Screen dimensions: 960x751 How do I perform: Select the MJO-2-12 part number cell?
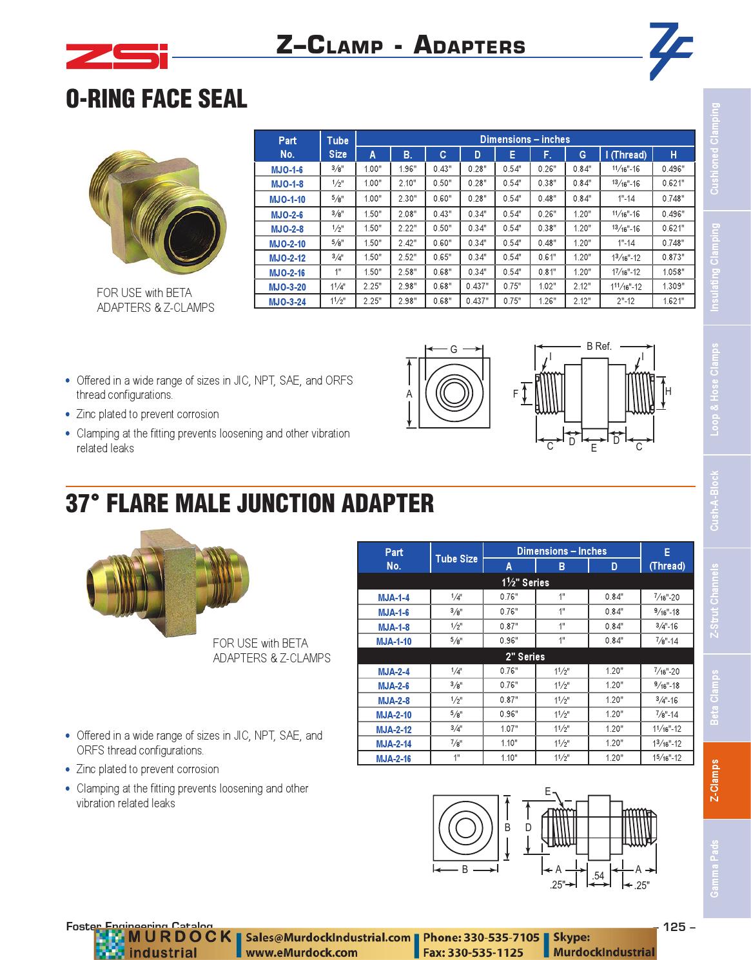[x=288, y=258]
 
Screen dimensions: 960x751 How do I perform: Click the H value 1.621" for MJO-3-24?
[x=673, y=301]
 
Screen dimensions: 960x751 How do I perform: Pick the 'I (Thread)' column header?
[x=625, y=155]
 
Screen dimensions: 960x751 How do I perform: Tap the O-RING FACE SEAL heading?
[x=157, y=99]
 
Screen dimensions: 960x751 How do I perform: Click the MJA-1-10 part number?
[x=394, y=641]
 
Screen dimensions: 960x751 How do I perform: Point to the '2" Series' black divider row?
[x=525, y=657]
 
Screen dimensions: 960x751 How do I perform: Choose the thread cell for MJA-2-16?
[x=667, y=758]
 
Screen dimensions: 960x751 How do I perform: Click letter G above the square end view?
[x=453, y=349]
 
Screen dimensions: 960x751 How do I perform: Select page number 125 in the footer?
[x=674, y=927]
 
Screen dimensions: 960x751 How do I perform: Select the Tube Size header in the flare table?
[x=456, y=559]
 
